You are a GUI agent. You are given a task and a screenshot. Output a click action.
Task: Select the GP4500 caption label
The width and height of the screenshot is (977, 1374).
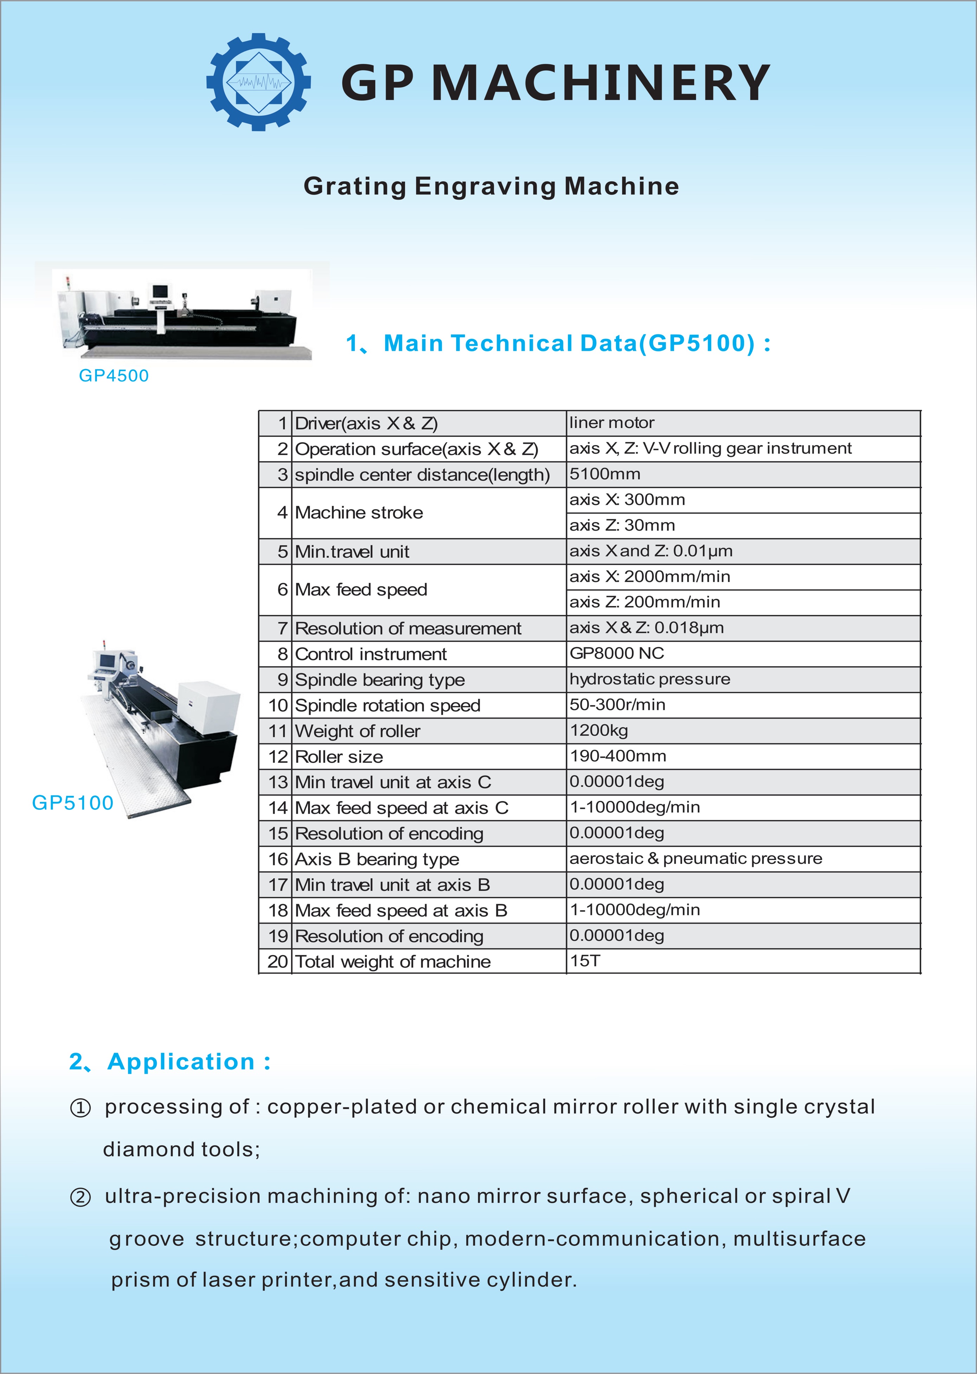pyautogui.click(x=114, y=375)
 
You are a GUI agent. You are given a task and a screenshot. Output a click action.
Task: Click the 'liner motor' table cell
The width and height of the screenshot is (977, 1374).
pyautogui.click(x=611, y=423)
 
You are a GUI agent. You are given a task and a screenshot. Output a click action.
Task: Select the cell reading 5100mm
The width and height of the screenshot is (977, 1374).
pyautogui.click(x=604, y=474)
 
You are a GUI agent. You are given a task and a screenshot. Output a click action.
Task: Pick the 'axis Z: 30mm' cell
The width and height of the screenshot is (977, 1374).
pyautogui.click(x=622, y=525)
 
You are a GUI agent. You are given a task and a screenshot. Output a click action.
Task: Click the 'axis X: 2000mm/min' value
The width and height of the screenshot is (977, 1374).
pyautogui.click(x=650, y=576)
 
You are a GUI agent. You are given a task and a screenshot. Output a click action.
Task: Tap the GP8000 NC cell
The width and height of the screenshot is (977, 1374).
pyautogui.click(x=617, y=653)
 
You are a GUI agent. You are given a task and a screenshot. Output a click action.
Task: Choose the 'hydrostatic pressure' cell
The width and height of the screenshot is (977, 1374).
pyautogui.click(x=650, y=679)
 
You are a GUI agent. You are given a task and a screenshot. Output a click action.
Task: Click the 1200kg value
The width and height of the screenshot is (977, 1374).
pyautogui.click(x=599, y=730)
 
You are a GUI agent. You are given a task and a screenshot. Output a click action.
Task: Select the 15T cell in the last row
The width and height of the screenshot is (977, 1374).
pyautogui.click(x=585, y=961)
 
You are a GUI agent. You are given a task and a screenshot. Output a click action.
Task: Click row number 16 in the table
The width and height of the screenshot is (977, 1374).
pyautogui.click(x=278, y=859)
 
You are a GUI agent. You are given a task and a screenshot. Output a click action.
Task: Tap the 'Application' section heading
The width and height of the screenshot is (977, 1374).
pyautogui.click(x=181, y=1062)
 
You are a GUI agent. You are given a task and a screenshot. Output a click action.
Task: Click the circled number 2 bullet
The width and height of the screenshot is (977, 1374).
pyautogui.click(x=80, y=1197)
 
